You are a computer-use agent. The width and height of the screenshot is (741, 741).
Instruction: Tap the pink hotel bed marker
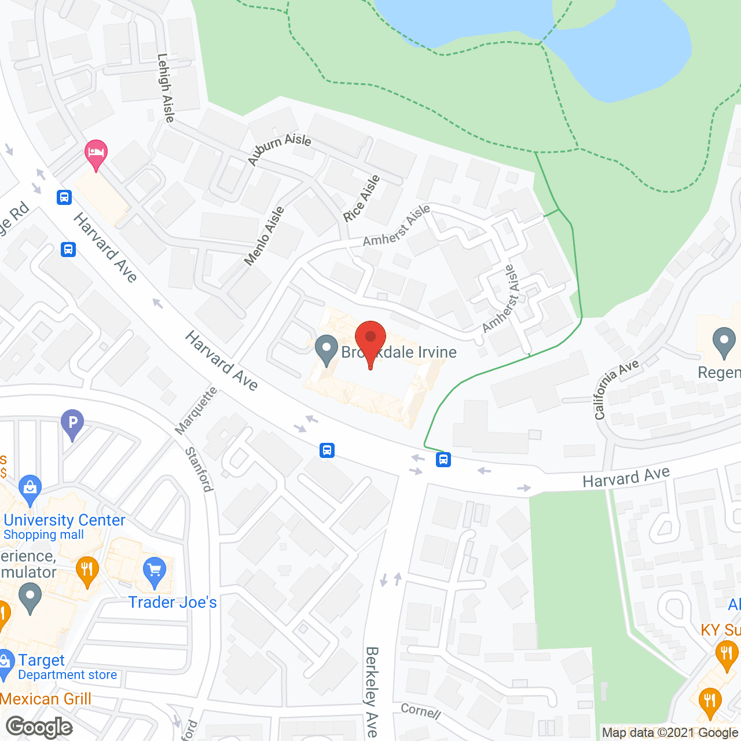point(96,153)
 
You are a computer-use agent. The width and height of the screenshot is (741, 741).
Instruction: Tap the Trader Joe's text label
point(173,603)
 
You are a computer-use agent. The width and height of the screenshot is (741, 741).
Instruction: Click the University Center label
point(64,520)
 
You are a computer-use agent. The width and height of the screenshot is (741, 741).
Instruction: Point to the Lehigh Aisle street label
point(166,88)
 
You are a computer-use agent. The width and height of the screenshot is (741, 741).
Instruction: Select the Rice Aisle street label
point(361,199)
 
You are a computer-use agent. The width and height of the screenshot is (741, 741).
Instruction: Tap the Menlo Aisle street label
point(264,236)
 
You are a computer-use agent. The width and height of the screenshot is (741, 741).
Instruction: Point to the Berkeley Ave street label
point(372,691)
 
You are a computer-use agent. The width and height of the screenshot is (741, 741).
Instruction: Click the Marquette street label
point(196,410)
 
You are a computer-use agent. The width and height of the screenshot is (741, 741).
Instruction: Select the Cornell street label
point(421,711)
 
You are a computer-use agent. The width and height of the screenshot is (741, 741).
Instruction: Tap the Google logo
point(39,727)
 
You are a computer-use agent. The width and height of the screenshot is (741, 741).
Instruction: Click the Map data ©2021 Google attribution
point(670,733)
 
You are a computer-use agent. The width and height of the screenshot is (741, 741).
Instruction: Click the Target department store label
point(42,661)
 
